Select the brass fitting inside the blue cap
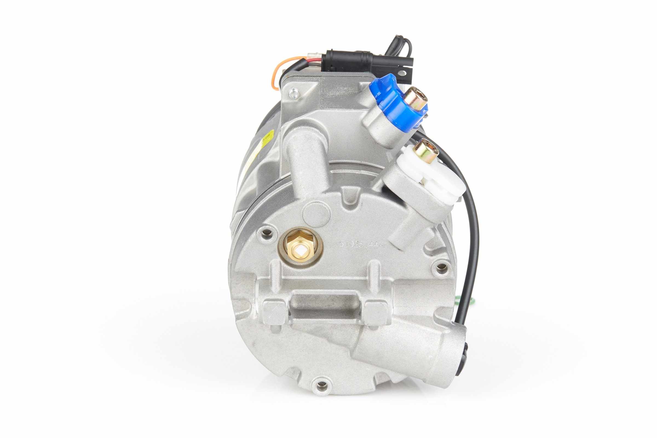coord(415,98)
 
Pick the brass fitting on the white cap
coord(425,151)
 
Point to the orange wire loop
coord(276,73)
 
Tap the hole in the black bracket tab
coord(402,73)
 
